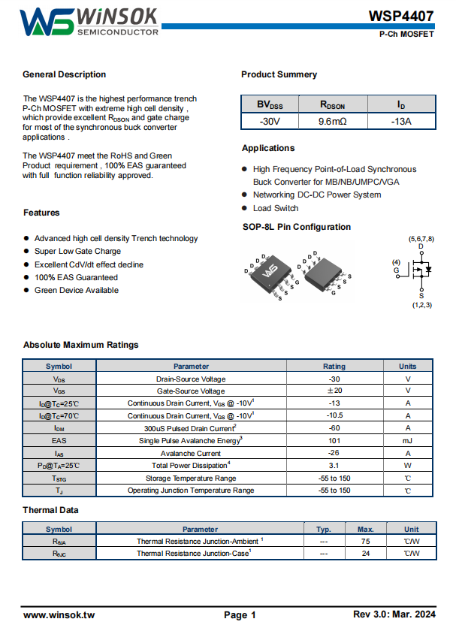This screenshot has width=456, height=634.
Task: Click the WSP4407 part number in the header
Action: [x=401, y=16]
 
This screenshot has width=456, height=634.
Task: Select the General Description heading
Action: [x=65, y=74]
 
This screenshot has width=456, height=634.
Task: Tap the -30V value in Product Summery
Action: [x=270, y=121]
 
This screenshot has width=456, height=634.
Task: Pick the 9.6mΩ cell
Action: [x=332, y=121]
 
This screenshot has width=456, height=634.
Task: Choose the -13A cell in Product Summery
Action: [x=401, y=121]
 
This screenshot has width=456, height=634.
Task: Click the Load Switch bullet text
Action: [x=276, y=208]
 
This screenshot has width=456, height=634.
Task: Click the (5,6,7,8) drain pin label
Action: [x=421, y=238]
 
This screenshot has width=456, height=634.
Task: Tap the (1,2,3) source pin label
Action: [x=421, y=304]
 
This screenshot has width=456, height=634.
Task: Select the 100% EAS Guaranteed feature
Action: [x=76, y=277]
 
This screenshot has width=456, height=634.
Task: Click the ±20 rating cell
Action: [x=334, y=391]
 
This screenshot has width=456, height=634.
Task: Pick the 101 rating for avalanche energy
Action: [x=334, y=440]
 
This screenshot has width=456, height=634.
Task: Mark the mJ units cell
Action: [x=408, y=440]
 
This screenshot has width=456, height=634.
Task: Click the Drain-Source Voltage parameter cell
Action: [x=191, y=379]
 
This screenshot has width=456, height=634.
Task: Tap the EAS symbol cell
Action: [x=59, y=440]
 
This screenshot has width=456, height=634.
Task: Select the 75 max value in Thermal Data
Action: [x=366, y=541]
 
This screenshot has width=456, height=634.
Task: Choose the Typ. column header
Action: [x=324, y=529]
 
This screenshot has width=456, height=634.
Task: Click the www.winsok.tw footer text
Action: [x=59, y=614]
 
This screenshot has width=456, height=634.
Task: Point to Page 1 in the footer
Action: [x=240, y=614]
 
